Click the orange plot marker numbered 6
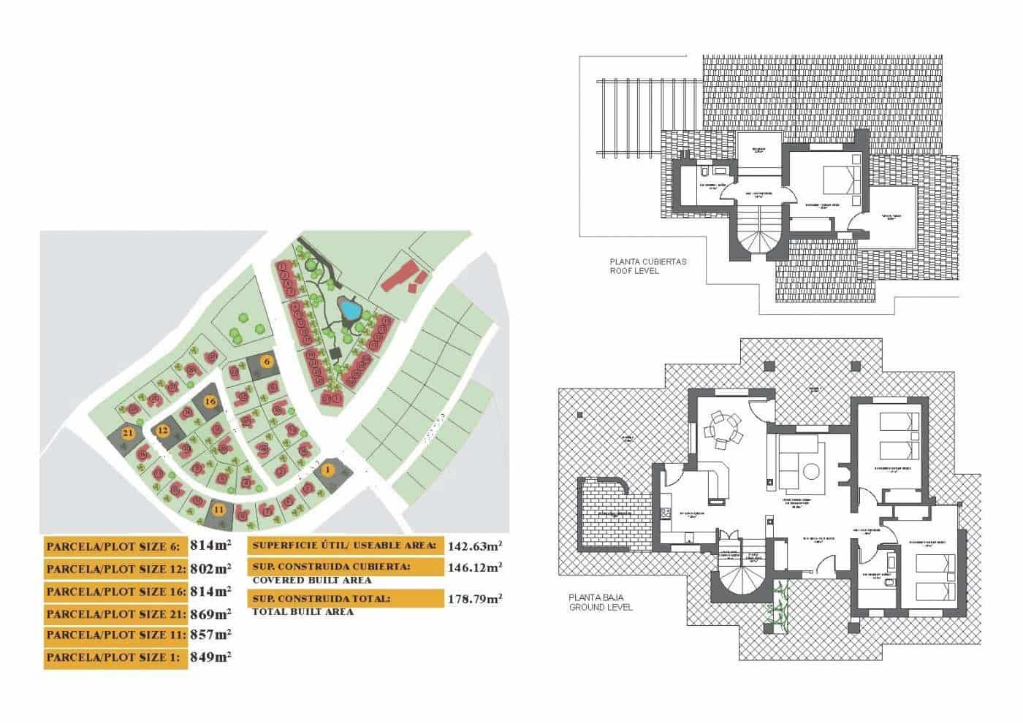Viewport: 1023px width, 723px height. [x=267, y=361]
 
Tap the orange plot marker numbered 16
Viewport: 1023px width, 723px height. [x=210, y=401]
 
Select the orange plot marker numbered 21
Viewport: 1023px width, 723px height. [x=128, y=433]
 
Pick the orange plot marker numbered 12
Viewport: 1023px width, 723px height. [x=163, y=432]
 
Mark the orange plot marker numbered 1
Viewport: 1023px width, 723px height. [x=328, y=470]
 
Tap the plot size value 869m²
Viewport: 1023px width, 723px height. [x=210, y=613]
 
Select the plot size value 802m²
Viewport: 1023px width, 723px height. [x=210, y=568]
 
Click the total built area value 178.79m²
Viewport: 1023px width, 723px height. [x=474, y=599]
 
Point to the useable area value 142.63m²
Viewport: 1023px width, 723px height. [x=474, y=546]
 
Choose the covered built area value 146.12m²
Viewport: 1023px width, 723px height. [x=474, y=567]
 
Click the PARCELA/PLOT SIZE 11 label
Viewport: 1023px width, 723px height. [x=115, y=635]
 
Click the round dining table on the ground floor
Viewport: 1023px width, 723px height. [x=722, y=429]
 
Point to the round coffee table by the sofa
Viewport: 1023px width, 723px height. [x=810, y=473]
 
